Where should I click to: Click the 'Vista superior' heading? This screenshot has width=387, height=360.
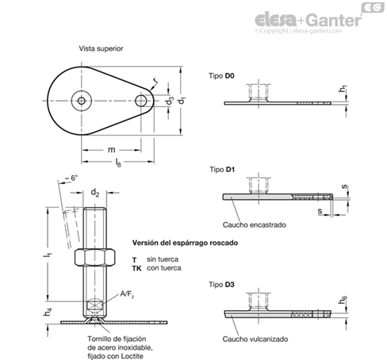coord(101,48)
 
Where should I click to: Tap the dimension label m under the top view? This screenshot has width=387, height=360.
coord(112,150)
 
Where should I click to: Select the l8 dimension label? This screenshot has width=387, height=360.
coord(118,163)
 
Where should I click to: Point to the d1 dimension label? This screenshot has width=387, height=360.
coord(182,101)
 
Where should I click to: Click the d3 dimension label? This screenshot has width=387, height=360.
coord(170,101)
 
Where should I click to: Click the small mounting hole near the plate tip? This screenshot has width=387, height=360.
coord(141,101)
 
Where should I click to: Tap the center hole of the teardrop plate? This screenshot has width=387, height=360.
coord(82,101)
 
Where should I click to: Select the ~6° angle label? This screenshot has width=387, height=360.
coord(71,178)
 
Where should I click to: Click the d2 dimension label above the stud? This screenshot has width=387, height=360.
coord(95,193)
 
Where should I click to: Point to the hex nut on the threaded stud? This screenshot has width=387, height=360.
coord(94,257)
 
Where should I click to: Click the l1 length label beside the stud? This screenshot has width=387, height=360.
coord(48,255)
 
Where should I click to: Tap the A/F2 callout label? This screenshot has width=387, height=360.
coord(127,294)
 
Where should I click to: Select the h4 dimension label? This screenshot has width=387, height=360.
coord(48,312)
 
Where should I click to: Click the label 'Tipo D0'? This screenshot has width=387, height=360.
coord(221,76)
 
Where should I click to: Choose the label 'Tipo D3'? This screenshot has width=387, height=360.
coord(221,285)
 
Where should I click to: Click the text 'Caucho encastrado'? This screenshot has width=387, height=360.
coord(255,225)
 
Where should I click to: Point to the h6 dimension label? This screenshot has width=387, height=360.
coord(343,301)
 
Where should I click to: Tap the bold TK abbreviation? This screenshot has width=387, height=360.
coord(136,269)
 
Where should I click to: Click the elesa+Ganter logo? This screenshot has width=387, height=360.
coord(308,21)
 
